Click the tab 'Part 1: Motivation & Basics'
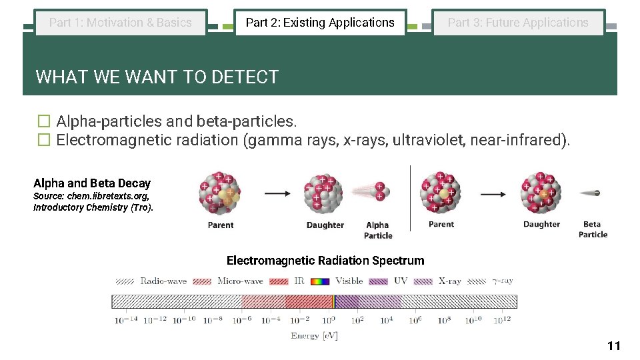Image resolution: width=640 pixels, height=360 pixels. [x=121, y=23]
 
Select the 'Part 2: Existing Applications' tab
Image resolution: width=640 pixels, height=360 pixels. [x=320, y=23]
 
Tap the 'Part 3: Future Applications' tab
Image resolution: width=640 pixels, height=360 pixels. [x=518, y=23]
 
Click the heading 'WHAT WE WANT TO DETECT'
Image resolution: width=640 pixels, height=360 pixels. [x=157, y=77]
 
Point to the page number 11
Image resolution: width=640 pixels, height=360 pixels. [x=613, y=345]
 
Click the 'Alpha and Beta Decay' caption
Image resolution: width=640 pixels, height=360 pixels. [x=92, y=183]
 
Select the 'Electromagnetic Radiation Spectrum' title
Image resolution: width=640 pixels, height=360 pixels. [x=325, y=261]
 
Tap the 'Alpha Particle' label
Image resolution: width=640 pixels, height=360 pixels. [x=378, y=230]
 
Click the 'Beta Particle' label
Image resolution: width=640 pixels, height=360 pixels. [x=593, y=229]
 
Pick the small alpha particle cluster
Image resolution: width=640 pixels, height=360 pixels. [x=379, y=191]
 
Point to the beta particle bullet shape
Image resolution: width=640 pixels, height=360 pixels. [x=591, y=193]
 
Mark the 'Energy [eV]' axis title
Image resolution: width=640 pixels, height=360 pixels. [x=314, y=336]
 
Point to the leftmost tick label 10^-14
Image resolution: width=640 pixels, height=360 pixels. [x=126, y=321]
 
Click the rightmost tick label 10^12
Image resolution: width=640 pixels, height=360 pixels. [x=503, y=321]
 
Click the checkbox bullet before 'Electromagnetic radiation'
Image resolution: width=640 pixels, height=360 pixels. [x=43, y=140]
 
